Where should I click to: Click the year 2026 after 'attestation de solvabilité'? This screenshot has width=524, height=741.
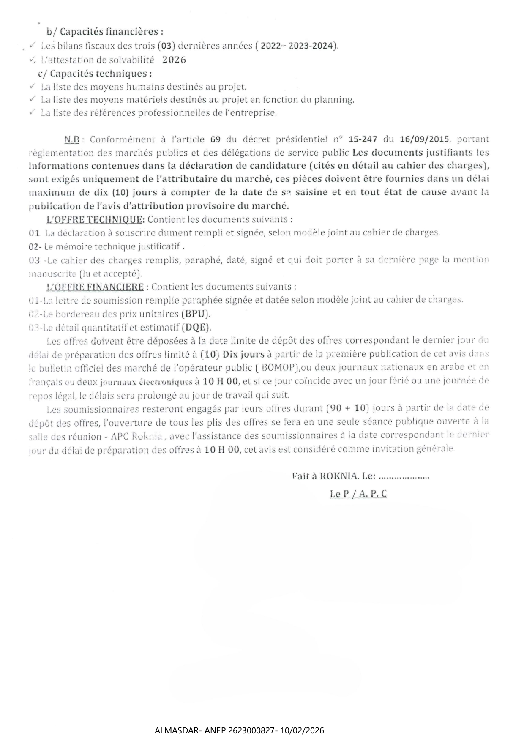click(174, 60)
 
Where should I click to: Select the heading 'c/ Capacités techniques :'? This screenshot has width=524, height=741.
click(95, 74)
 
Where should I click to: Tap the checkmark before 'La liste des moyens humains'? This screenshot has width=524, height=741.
click(33, 86)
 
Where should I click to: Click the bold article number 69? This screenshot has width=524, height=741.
click(216, 139)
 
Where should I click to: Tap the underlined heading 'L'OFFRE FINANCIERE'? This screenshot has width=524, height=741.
click(95, 287)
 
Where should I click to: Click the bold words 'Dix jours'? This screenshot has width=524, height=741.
click(243, 354)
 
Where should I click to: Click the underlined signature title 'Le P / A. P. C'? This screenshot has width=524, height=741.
click(358, 494)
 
